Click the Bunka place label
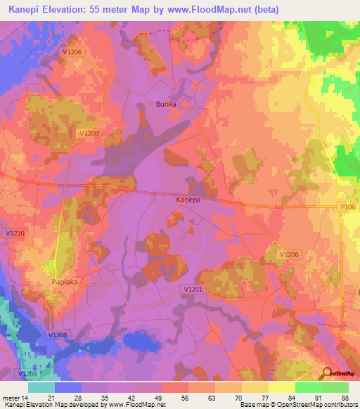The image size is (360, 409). [165, 104]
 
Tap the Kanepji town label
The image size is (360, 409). [189, 200]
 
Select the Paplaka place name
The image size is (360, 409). [67, 282]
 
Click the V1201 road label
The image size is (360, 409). [192, 289]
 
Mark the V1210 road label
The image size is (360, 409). [15, 233]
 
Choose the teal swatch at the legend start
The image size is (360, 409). [41, 387]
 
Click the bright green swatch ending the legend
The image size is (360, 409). [335, 387]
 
